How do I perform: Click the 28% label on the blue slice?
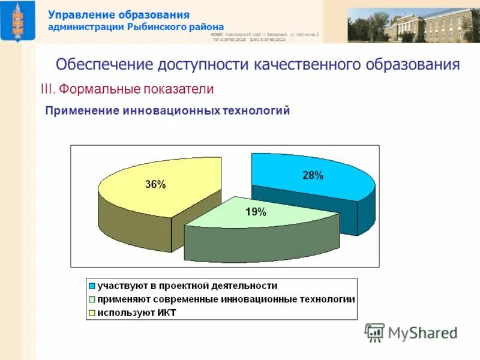(312, 176)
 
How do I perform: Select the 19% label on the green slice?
(256, 211)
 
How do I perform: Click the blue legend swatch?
(92, 286)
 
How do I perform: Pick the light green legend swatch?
(92, 299)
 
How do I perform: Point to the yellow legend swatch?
(92, 312)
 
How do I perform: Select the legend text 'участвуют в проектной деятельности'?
(187, 286)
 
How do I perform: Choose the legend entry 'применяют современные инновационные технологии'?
(226, 299)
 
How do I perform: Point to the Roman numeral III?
(47, 89)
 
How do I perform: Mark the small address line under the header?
(265, 37)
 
